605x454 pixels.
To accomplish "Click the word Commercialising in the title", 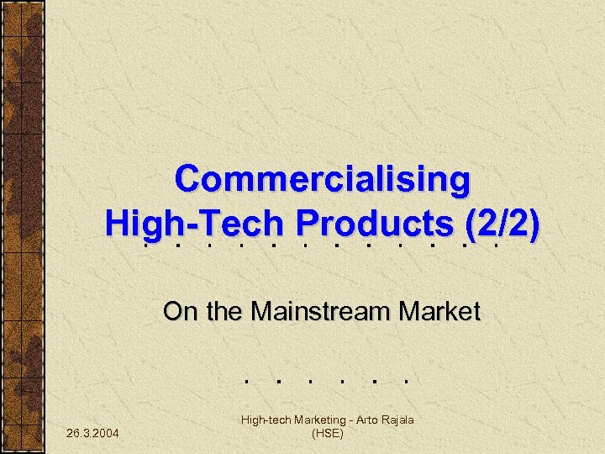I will pos(323,179).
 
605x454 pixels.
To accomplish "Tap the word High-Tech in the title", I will pos(194,223).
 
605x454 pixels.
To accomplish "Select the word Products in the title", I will pos(371,223).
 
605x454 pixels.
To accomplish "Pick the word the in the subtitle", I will pos(224,312).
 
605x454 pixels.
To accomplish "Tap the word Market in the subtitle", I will pos(439,312).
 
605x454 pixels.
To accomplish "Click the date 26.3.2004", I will pos(92,433).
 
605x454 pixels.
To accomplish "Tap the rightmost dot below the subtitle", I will pos(405,380).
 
